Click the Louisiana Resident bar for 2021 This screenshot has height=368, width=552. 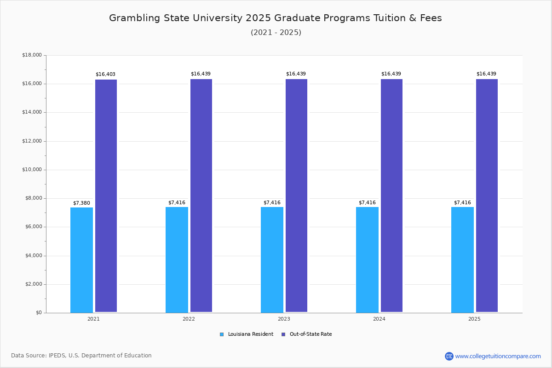(x=81, y=260)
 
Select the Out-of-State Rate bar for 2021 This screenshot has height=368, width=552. (x=106, y=195)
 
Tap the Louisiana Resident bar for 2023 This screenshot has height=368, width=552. (x=272, y=260)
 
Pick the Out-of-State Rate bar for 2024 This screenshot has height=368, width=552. (x=391, y=195)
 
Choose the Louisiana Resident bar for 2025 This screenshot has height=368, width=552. (x=462, y=260)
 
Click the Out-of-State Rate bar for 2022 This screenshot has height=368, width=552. (x=201, y=195)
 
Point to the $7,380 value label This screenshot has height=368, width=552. (x=81, y=203)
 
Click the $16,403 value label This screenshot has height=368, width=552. (x=105, y=74)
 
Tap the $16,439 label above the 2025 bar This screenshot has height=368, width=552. (x=486, y=74)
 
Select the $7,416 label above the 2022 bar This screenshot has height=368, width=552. (x=177, y=202)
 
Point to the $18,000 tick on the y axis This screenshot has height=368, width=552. (x=32, y=55)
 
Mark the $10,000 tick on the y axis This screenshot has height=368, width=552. (x=32, y=170)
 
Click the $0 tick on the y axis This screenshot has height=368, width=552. (x=38, y=313)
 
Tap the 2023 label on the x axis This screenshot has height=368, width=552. (x=284, y=319)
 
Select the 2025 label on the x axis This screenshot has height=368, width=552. (x=474, y=319)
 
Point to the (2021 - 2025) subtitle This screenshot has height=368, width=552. (x=276, y=33)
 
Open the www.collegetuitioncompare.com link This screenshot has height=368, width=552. (x=498, y=356)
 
